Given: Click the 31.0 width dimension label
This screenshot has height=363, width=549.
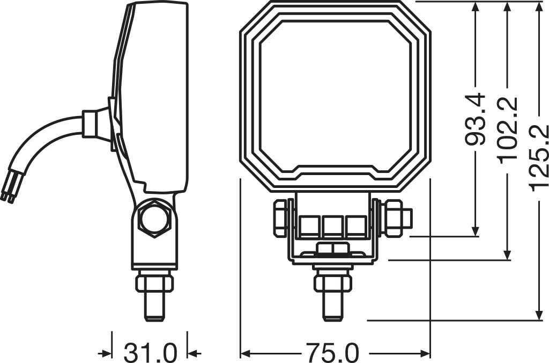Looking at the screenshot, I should coord(150,353).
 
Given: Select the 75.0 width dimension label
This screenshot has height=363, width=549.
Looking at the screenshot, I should coord(332,353).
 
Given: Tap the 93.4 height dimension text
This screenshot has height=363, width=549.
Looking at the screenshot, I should coord(475,119).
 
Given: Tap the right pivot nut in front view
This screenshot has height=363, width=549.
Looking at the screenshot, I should coord(394,218).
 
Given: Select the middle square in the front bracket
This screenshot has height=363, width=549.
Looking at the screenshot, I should coord(332,227).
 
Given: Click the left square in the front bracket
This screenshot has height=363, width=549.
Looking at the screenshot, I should coord(309,227).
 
